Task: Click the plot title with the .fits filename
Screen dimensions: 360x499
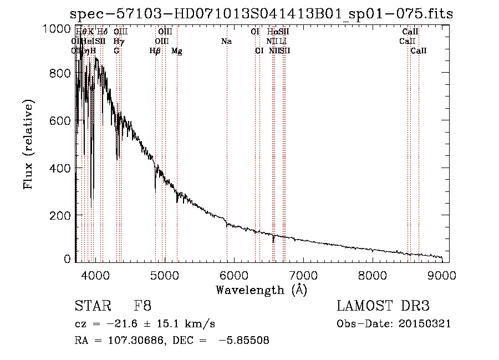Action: click(x=261, y=14)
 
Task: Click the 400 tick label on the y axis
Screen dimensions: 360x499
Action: click(x=60, y=168)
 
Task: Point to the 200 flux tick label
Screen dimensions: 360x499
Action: click(x=60, y=215)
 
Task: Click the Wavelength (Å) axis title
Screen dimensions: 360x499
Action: click(x=261, y=290)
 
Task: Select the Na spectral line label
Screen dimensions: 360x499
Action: click(x=226, y=42)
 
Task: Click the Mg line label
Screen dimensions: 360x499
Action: click(x=177, y=51)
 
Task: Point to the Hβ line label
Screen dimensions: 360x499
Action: click(x=155, y=51)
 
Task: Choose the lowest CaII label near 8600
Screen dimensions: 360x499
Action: click(x=419, y=51)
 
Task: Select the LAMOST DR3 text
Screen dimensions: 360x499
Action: click(x=383, y=306)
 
